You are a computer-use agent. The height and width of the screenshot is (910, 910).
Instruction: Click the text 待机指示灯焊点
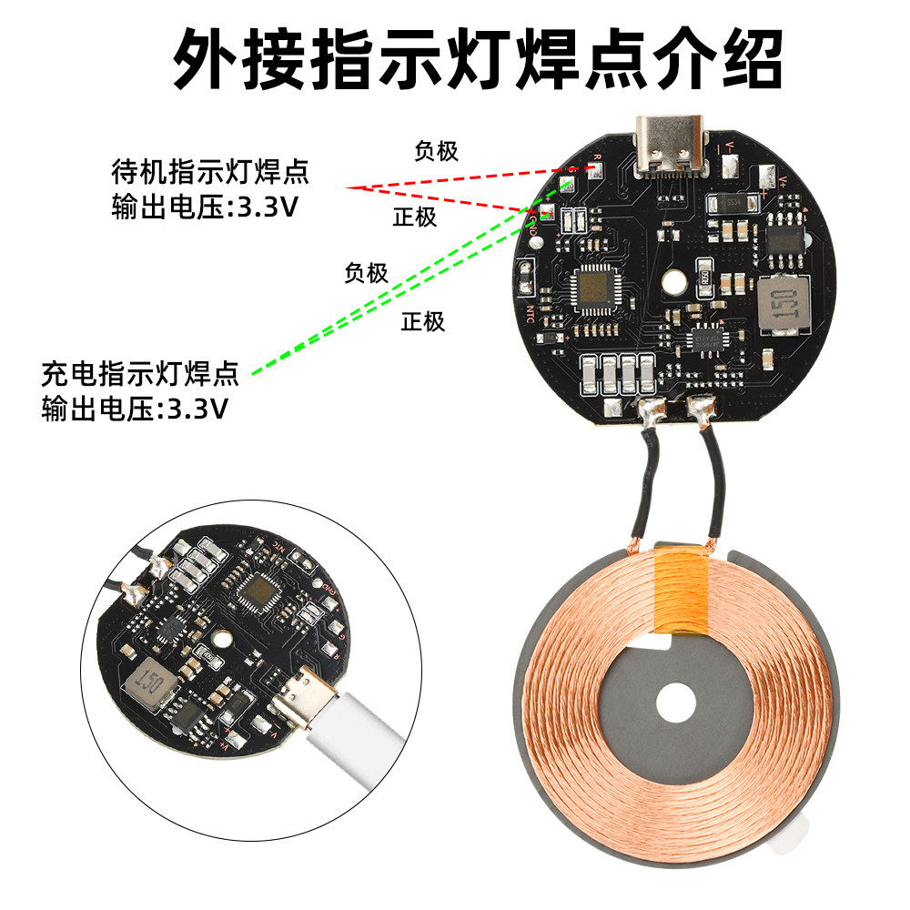pyautogui.click(x=210, y=170)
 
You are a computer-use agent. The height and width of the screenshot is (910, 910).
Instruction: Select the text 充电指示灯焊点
pyautogui.click(x=140, y=373)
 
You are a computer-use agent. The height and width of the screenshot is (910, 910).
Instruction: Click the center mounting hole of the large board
pyautogui.click(x=674, y=282)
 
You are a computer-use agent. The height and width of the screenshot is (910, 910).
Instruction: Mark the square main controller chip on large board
pyautogui.click(x=594, y=288)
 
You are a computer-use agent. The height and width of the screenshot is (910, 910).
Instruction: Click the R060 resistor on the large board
pyautogui.click(x=704, y=274)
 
